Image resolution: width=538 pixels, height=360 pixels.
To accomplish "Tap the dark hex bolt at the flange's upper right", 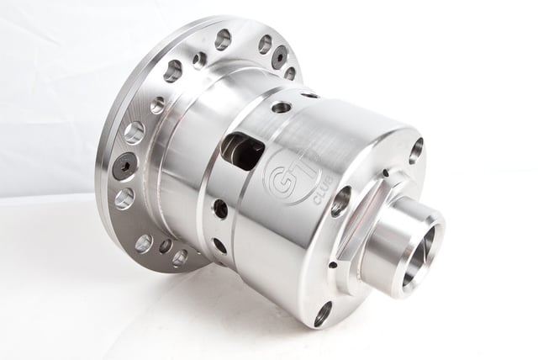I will (x=279, y=56).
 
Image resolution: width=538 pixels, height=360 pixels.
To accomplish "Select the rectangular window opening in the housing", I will (x=243, y=151).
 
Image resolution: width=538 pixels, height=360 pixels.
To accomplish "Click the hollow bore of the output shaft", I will (x=419, y=252).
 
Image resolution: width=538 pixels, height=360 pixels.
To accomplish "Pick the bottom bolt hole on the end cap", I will (x=323, y=312).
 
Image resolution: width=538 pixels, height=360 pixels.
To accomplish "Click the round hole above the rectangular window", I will (x=282, y=107).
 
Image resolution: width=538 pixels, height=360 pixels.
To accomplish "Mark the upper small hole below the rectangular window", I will (x=220, y=208).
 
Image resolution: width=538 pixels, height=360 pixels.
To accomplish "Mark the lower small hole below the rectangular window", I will (x=219, y=245).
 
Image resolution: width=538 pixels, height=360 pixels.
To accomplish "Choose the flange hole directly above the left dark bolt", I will (x=134, y=132).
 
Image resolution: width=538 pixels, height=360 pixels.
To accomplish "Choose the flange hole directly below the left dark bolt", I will (x=124, y=199).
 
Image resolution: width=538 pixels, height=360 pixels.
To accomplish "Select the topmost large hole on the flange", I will (x=223, y=39).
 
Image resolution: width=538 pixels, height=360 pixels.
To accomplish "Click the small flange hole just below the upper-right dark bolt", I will (x=290, y=73).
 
